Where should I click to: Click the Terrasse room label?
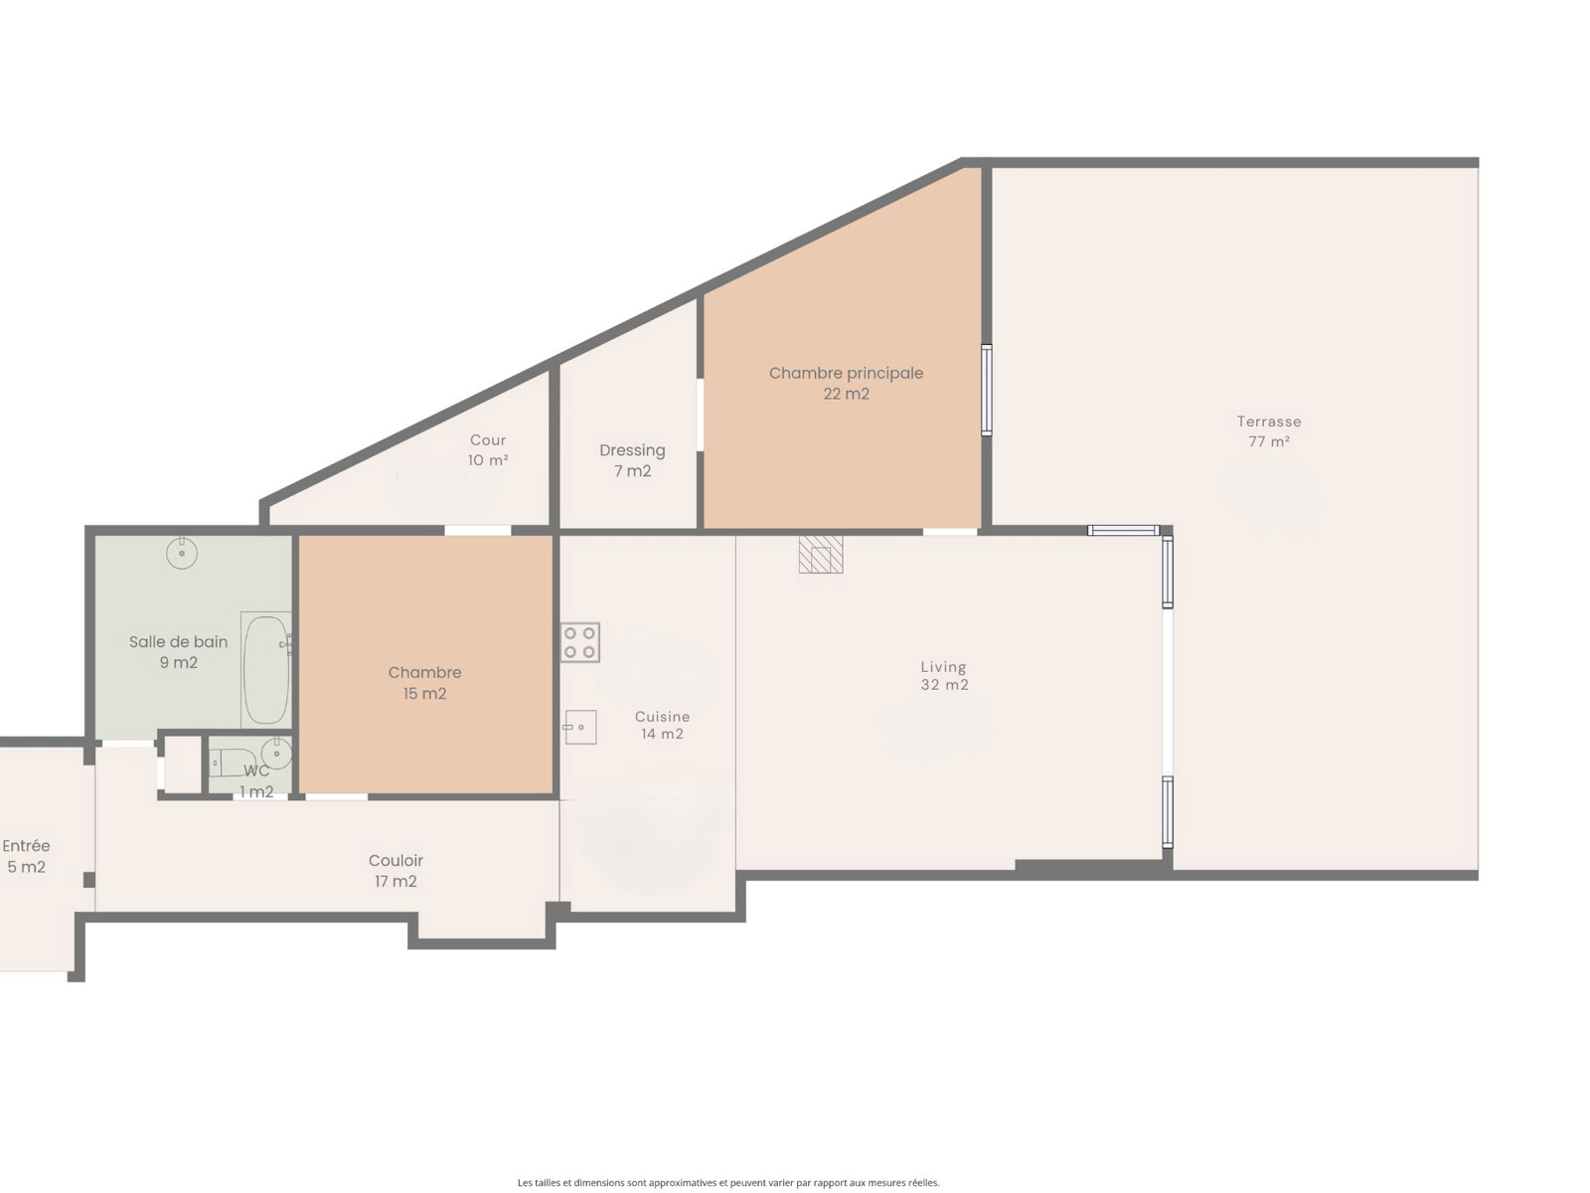(x=1268, y=422)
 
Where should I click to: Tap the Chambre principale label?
(x=846, y=373)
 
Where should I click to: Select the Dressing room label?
(x=632, y=450)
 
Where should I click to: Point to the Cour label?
(x=488, y=440)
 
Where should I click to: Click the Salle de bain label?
(x=178, y=642)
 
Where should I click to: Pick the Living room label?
(x=943, y=667)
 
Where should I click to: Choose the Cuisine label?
(x=662, y=717)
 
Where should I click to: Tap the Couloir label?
(x=396, y=861)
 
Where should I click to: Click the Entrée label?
(x=26, y=846)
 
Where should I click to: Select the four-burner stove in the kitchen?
(x=579, y=642)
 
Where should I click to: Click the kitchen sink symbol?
(x=579, y=728)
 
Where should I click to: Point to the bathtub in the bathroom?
(x=266, y=670)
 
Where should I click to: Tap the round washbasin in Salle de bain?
(x=182, y=554)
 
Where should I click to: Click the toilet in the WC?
(x=232, y=763)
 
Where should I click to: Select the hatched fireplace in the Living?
(x=821, y=554)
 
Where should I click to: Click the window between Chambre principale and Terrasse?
(x=986, y=391)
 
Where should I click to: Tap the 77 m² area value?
(x=1268, y=441)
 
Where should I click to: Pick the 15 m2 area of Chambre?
(x=424, y=694)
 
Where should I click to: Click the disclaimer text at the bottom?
(x=728, y=1182)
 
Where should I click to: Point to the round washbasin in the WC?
(x=276, y=754)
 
